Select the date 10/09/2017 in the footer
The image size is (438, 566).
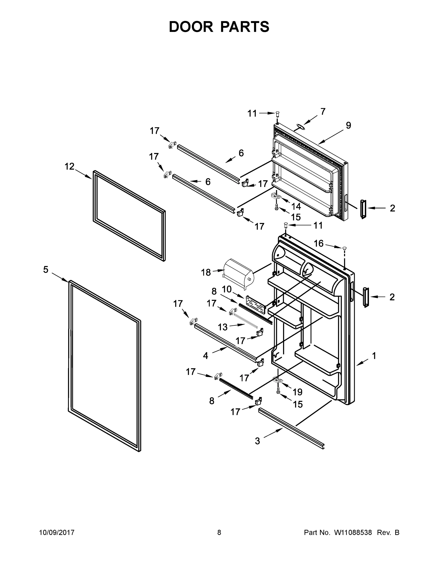coord(57,532)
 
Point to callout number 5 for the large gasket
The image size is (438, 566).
coord(46,270)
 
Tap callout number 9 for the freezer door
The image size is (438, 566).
coord(349,125)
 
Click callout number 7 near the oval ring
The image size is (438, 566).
coord(323,112)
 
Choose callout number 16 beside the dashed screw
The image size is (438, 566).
coord(319,243)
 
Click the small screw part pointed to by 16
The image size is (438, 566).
coord(344,249)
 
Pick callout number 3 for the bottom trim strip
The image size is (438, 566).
coord(257,441)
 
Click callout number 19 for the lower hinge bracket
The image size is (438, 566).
coord(297,392)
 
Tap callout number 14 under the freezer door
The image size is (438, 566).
coord(296,207)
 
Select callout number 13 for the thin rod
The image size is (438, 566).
coord(222,327)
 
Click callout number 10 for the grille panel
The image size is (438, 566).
coord(226,289)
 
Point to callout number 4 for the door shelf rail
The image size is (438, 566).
coord(205,356)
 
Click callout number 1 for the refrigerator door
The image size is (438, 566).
coord(374,356)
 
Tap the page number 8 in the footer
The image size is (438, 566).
coord(219,532)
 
